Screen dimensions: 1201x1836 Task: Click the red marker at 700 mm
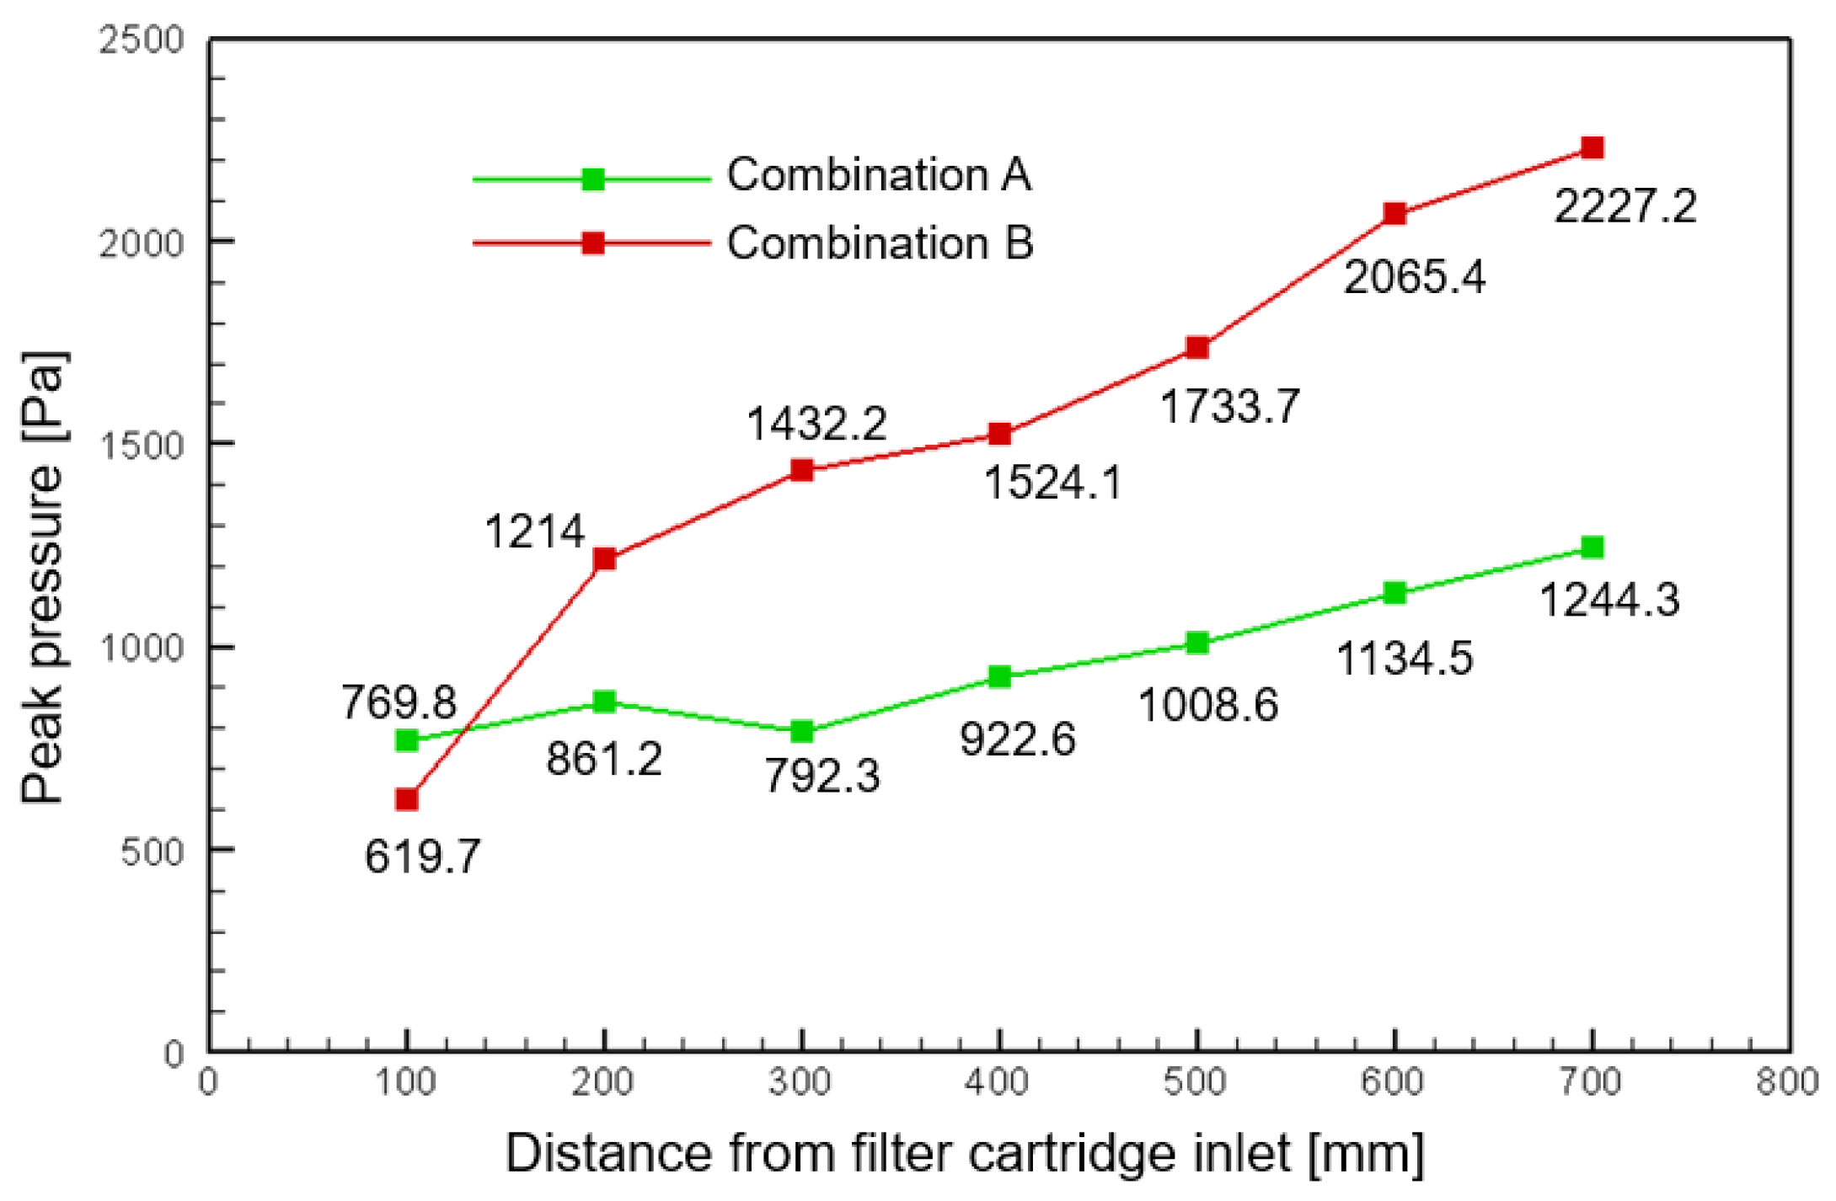(x=1592, y=148)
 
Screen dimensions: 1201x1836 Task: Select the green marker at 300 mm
(x=802, y=731)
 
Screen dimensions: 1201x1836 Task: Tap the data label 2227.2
(x=1625, y=206)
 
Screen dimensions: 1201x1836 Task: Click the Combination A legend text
(x=879, y=175)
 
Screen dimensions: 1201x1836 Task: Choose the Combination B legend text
(x=880, y=243)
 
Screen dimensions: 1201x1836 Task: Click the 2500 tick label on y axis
(x=141, y=40)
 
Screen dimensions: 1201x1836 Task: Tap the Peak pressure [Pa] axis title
(x=43, y=577)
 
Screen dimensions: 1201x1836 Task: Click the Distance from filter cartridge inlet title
(x=964, y=1153)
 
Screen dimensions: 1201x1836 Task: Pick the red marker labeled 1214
(x=604, y=558)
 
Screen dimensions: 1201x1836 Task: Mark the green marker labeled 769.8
(x=407, y=740)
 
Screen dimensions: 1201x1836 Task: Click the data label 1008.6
(x=1207, y=705)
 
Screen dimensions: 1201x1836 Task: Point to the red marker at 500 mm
(x=1197, y=347)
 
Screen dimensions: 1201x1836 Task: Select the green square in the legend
(x=593, y=179)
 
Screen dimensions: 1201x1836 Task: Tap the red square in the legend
(x=593, y=243)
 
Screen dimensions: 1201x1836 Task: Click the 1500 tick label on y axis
(x=141, y=446)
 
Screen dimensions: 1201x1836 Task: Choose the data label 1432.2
(x=816, y=423)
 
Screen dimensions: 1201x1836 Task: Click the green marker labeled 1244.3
(x=1592, y=547)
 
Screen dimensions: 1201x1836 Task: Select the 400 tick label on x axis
(x=998, y=1082)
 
